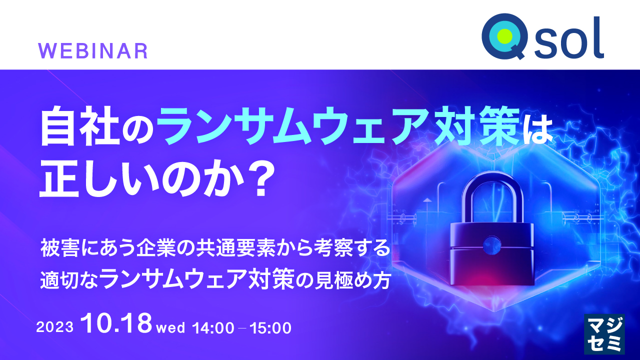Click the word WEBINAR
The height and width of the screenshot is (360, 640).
pos(93,51)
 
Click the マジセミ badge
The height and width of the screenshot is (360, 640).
pos(604,335)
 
